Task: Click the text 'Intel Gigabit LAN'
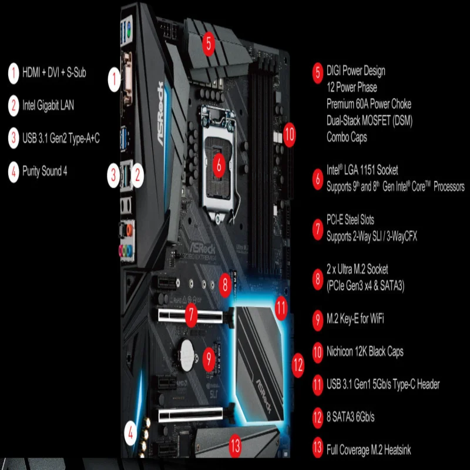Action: (48, 106)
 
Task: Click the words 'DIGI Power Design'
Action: (356, 71)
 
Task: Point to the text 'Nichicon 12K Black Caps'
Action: (365, 352)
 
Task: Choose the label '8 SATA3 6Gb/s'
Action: (351, 418)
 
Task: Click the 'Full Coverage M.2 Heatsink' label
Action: (369, 451)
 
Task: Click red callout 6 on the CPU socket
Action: (219, 166)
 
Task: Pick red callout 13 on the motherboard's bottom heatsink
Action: (236, 446)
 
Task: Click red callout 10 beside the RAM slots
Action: (288, 133)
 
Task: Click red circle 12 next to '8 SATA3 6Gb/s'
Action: (318, 418)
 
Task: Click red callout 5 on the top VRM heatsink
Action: (210, 42)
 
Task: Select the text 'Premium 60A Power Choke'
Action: (369, 104)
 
